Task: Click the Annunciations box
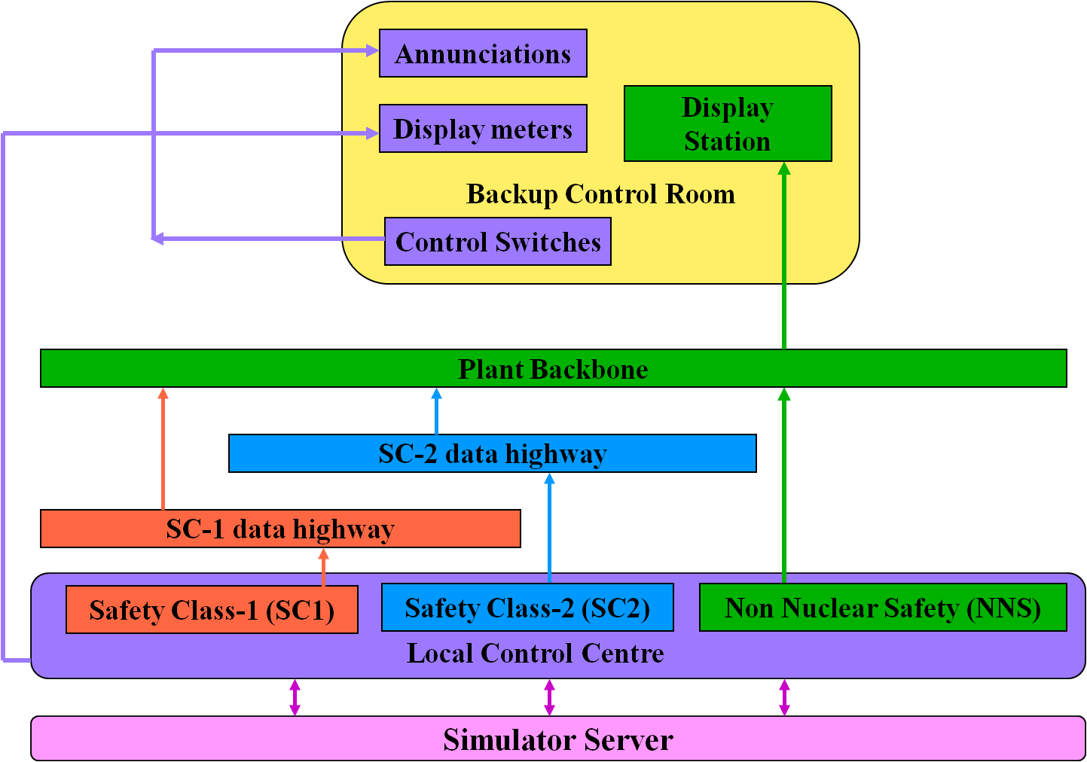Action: pos(483,53)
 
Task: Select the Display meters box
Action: pos(483,129)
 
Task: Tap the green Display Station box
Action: pos(728,123)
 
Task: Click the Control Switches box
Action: pos(498,242)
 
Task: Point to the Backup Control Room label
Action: pos(600,194)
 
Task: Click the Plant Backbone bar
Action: pos(553,369)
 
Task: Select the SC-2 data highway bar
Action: pos(492,453)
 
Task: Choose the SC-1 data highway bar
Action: pos(280,529)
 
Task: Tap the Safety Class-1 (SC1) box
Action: pos(212,609)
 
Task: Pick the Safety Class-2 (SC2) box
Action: pos(527,608)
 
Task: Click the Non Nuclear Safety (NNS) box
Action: pos(883,608)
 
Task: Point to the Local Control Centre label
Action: pos(535,653)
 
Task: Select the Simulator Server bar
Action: pos(557,739)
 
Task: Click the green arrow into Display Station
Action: pos(784,256)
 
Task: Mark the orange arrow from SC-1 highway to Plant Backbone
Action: pos(163,449)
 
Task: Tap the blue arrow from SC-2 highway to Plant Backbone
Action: pos(436,411)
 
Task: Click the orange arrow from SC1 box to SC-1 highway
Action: pos(324,567)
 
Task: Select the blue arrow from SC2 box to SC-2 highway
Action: pos(549,528)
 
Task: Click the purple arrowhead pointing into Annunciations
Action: pos(372,50)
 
